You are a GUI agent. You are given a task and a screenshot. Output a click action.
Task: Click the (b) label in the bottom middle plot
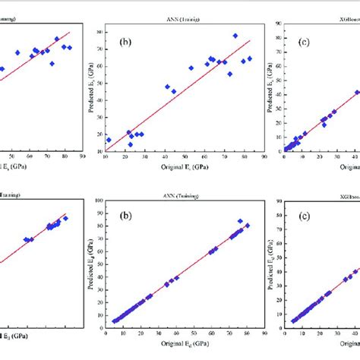[128, 226]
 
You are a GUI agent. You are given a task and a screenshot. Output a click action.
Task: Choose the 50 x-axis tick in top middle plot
[183, 160]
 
